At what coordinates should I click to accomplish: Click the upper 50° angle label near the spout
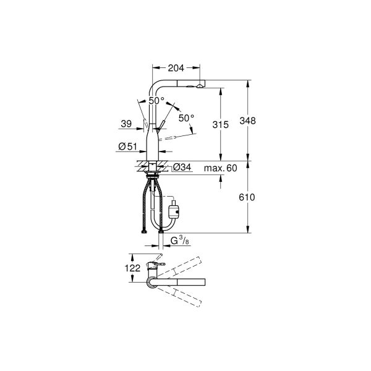coord(156,100)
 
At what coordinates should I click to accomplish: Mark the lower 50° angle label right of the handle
coord(186,117)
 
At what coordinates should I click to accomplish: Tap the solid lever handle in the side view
coord(159,127)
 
